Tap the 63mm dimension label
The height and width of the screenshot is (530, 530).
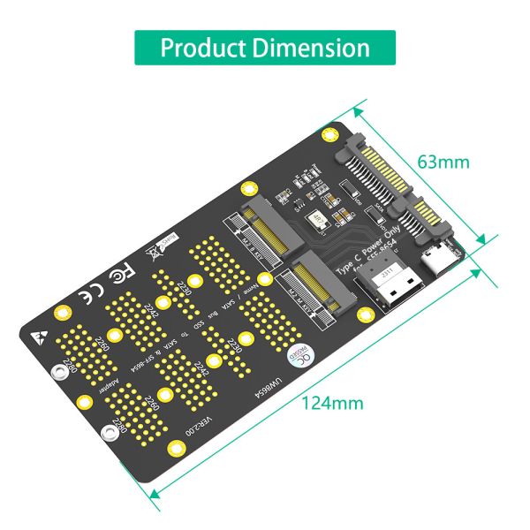point(443,163)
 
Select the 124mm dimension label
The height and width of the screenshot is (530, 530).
point(333,403)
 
